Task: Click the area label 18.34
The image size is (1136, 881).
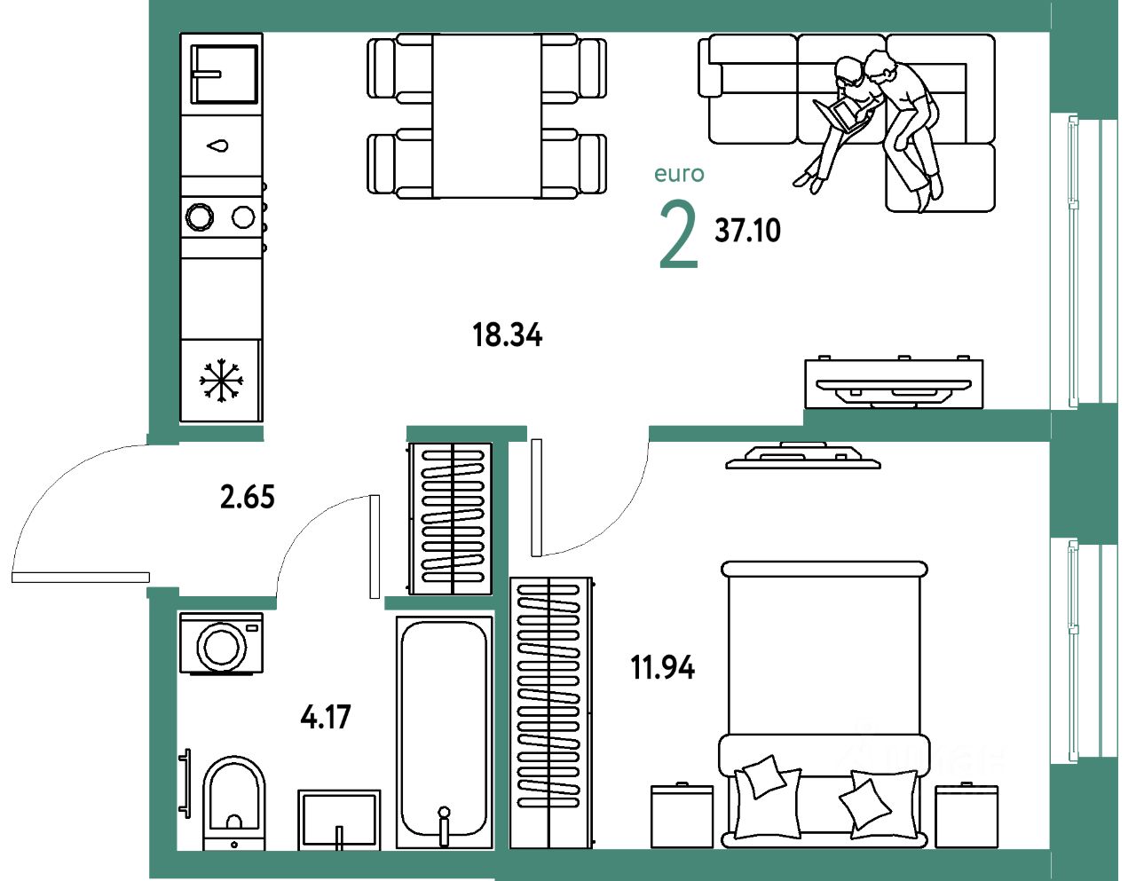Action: [507, 335]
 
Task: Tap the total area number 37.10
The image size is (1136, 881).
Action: [747, 231]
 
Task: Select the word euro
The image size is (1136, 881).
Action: [679, 174]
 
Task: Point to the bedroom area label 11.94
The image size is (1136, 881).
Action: [662, 667]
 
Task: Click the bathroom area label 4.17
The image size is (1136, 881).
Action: [326, 717]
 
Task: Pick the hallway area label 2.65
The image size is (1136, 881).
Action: [248, 497]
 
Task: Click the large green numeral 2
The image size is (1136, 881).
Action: [679, 235]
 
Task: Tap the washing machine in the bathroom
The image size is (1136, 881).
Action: [221, 644]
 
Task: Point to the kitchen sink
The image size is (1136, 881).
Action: [225, 74]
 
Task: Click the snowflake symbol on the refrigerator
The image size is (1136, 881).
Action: [220, 381]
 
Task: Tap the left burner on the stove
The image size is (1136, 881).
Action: [199, 216]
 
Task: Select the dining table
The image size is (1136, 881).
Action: [486, 115]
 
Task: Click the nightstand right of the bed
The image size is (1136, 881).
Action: [966, 815]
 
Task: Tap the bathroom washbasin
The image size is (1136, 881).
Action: [338, 818]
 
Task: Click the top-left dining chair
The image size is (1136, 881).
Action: [398, 68]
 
